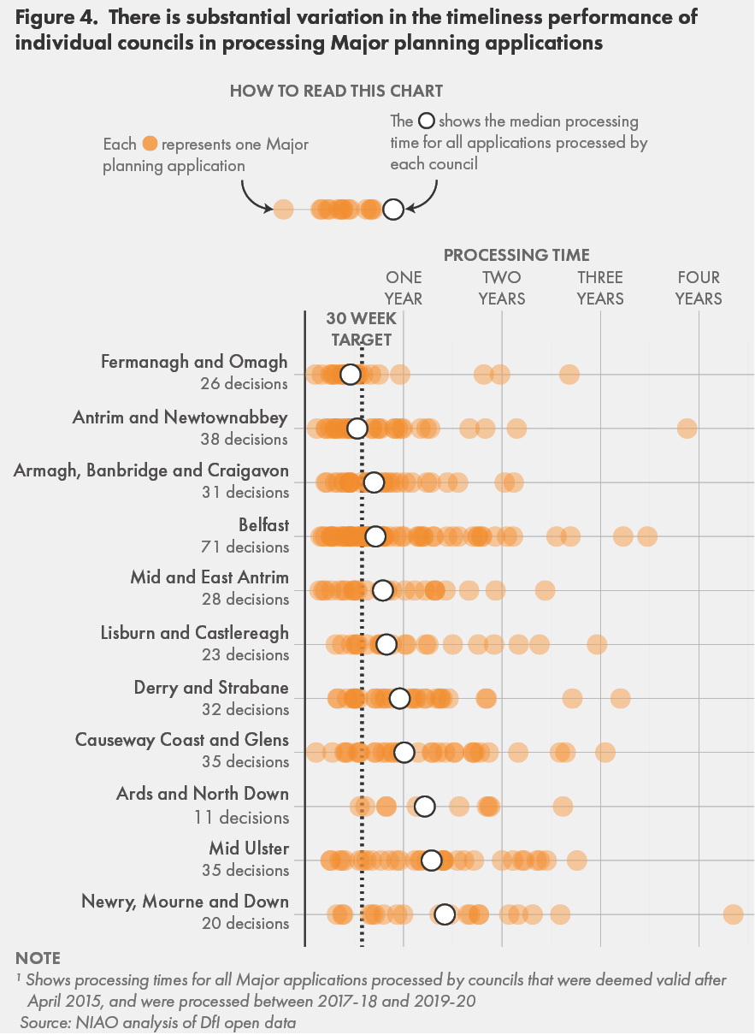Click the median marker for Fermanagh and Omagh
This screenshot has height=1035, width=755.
(x=350, y=375)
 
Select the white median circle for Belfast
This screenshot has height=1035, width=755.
(x=375, y=536)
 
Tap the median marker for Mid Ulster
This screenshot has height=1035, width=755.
(x=431, y=861)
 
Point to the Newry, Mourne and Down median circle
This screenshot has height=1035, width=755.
(x=444, y=914)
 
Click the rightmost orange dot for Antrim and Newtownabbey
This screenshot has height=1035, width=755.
(x=687, y=429)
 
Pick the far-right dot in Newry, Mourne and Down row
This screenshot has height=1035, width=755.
(x=733, y=914)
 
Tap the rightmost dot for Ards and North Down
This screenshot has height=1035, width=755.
(x=563, y=806)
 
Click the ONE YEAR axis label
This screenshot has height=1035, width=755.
(x=404, y=288)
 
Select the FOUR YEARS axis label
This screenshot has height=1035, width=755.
(x=699, y=288)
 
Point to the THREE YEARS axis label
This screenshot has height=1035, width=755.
(x=600, y=288)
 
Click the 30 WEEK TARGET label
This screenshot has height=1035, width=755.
(x=362, y=328)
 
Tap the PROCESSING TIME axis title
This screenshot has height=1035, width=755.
(x=516, y=255)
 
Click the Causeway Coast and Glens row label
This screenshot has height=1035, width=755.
(x=182, y=740)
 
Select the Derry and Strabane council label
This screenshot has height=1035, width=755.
(x=211, y=688)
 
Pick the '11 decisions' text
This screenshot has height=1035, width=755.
(x=241, y=817)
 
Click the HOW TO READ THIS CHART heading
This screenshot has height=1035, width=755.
(x=336, y=91)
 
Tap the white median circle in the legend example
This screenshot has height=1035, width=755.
(x=392, y=210)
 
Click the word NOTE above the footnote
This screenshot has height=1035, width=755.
(x=38, y=958)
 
